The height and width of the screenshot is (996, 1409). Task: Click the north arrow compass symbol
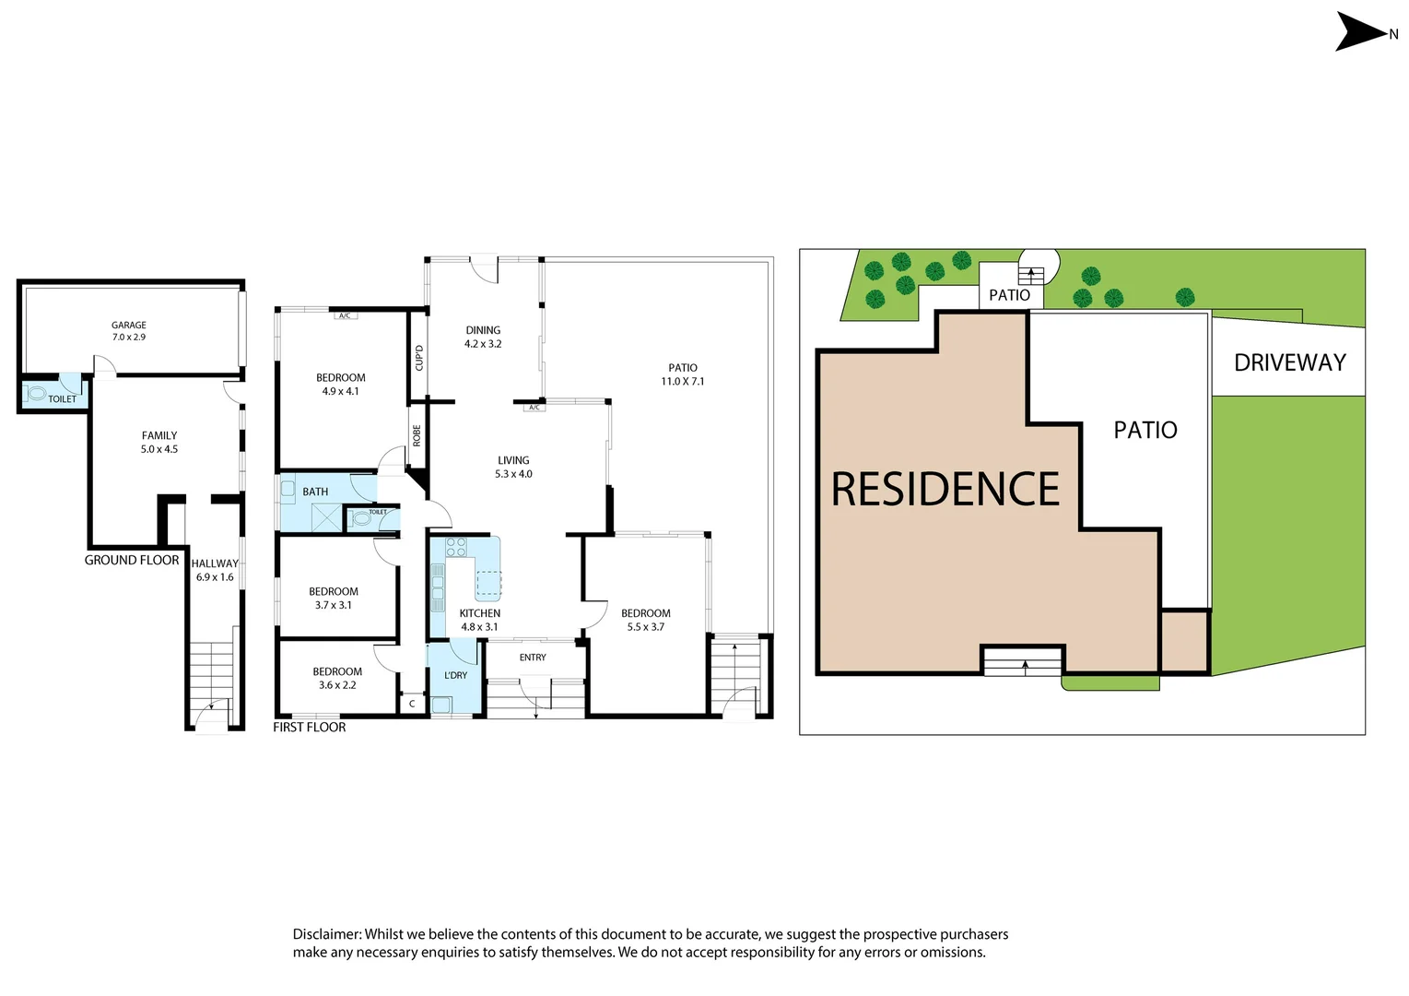pos(1362,31)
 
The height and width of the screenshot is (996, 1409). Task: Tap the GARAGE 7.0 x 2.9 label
pos(129,331)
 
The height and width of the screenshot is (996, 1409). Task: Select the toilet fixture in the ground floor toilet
pos(37,394)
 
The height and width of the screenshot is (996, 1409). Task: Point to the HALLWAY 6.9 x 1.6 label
pos(215,570)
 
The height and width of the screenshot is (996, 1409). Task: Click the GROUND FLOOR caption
pos(132,560)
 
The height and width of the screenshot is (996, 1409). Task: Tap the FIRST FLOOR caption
pos(310,727)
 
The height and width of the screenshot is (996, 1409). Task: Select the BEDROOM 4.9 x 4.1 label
pos(341,385)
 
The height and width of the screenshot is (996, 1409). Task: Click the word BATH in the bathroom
pos(315,492)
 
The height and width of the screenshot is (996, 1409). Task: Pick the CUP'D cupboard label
pos(419,358)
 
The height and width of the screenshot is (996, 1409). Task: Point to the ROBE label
pos(417,435)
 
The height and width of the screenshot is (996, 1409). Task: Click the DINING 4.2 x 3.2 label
pos(483,337)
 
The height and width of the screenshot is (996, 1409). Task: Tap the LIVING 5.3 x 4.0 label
pos(513,467)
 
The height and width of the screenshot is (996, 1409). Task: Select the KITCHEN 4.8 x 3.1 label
pos(479,620)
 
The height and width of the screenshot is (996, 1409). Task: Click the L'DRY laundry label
pos(456,675)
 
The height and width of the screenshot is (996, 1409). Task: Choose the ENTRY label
pos(533,658)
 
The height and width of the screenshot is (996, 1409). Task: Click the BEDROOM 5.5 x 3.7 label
pos(646,620)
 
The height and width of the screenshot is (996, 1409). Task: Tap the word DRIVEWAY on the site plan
pos(1290,362)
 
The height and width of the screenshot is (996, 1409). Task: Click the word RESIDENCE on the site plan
pos(945,489)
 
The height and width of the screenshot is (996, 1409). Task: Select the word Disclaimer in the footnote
pos(326,934)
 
